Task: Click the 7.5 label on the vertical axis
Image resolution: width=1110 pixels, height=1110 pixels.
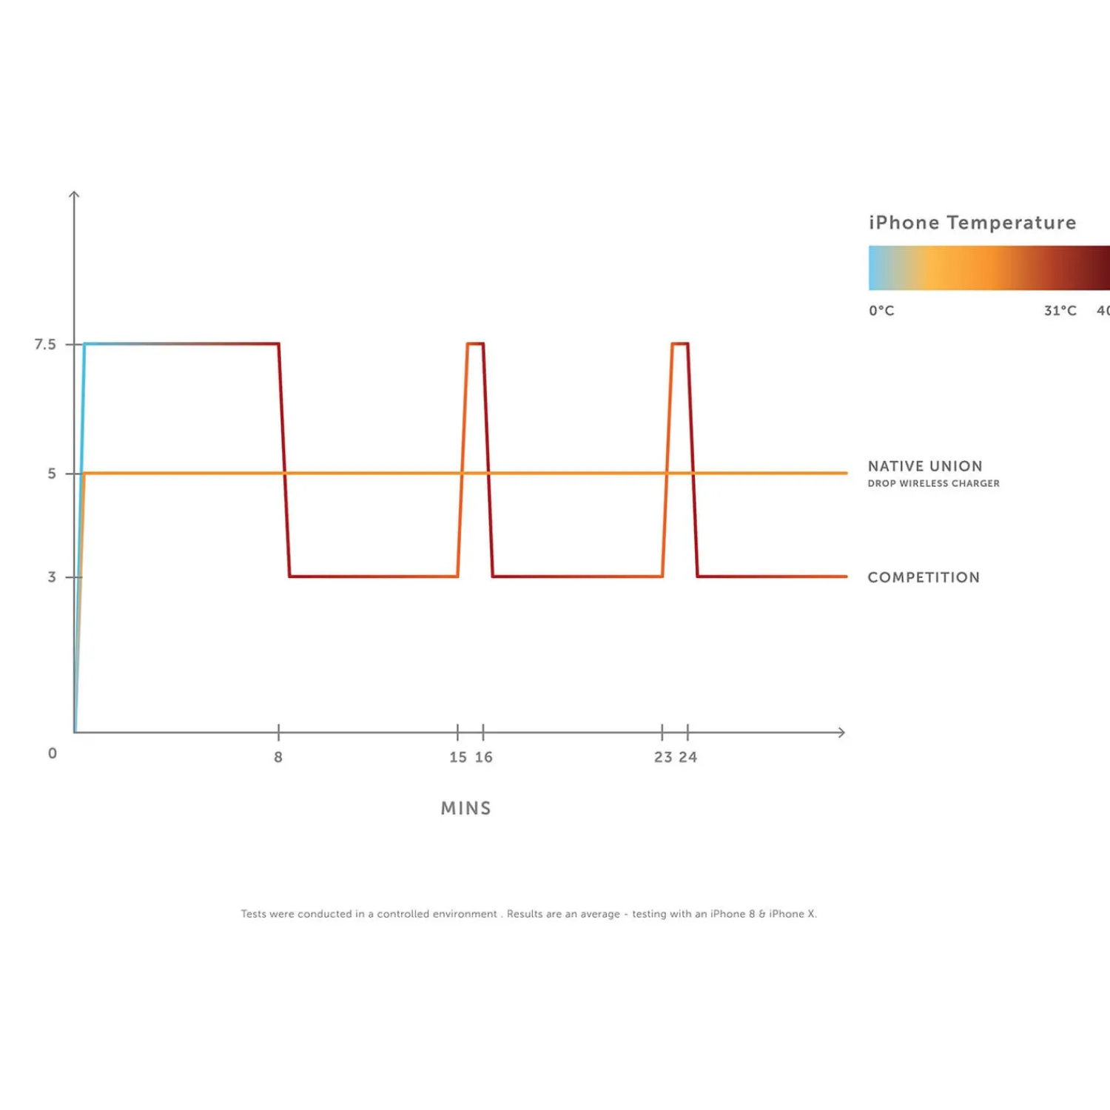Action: (x=45, y=344)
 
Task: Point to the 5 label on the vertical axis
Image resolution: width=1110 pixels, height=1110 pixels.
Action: (x=52, y=474)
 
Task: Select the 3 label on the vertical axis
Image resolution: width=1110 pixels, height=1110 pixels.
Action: (x=52, y=577)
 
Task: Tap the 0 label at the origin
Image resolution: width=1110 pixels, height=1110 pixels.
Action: (x=52, y=753)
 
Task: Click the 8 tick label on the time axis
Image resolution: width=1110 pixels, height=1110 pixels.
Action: (x=278, y=757)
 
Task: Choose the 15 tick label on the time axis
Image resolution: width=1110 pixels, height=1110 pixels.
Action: (x=458, y=757)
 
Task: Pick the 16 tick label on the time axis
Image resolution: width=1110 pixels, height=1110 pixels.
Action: (x=484, y=757)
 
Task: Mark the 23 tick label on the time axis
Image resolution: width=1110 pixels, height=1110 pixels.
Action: (x=663, y=757)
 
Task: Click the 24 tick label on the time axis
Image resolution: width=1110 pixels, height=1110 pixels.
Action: (x=688, y=757)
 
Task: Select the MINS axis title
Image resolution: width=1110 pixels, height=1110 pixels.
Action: (x=466, y=808)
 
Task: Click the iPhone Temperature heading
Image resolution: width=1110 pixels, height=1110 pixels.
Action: (x=972, y=223)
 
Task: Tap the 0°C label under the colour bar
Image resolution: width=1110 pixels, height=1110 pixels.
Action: (x=881, y=311)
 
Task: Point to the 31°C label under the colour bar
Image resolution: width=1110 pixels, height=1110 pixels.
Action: (x=1060, y=311)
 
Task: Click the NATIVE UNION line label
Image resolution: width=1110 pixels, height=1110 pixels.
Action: (x=925, y=466)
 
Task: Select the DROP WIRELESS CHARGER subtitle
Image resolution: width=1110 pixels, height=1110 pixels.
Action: (x=933, y=483)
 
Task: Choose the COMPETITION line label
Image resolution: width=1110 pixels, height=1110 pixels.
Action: (x=924, y=577)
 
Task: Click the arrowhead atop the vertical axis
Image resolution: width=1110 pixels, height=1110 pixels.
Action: (x=74, y=194)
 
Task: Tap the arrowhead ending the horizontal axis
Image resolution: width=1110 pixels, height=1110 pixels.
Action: (x=841, y=733)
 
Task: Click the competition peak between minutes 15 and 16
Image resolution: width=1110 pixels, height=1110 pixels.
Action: (x=475, y=343)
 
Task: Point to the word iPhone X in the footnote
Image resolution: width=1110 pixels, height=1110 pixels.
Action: (x=792, y=914)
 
